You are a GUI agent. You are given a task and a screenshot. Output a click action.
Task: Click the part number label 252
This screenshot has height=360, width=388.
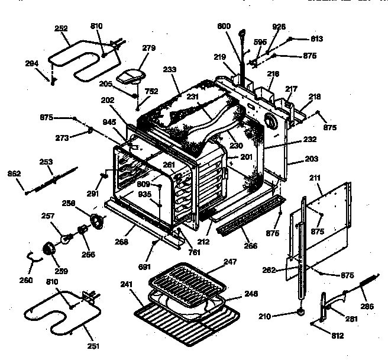tap(62, 28)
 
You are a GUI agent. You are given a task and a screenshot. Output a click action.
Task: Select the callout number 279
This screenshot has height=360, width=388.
tap(148, 49)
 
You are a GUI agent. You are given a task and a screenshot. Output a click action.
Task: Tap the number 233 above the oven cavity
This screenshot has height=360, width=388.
tap(170, 70)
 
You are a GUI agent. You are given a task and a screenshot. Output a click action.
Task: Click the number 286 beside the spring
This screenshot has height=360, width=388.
tap(367, 307)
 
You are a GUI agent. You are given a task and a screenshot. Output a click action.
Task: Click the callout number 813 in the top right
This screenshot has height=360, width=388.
tap(316, 39)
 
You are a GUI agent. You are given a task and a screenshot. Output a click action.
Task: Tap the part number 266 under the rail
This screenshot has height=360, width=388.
tap(251, 245)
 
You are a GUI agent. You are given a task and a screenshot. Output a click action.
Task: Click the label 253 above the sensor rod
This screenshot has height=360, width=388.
tap(46, 162)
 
